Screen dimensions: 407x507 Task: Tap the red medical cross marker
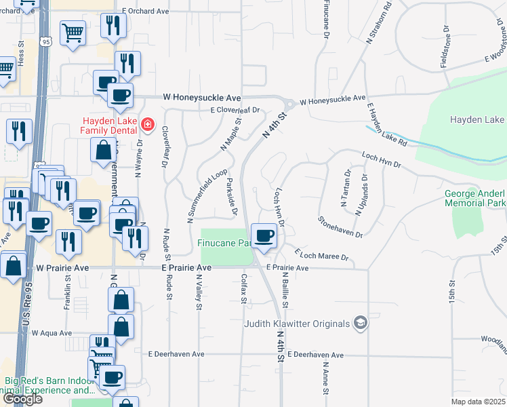pyautogui.click(x=147, y=125)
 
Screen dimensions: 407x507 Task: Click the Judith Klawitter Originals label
pyautogui.click(x=298, y=324)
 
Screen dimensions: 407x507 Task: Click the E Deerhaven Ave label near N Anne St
pyautogui.click(x=315, y=355)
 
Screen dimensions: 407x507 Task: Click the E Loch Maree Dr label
pyautogui.click(x=321, y=254)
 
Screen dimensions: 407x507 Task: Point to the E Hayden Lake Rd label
pyautogui.click(x=387, y=125)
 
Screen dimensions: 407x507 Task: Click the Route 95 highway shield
pyautogui.click(x=45, y=42)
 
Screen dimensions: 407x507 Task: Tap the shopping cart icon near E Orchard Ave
pyautogui.click(x=73, y=33)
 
